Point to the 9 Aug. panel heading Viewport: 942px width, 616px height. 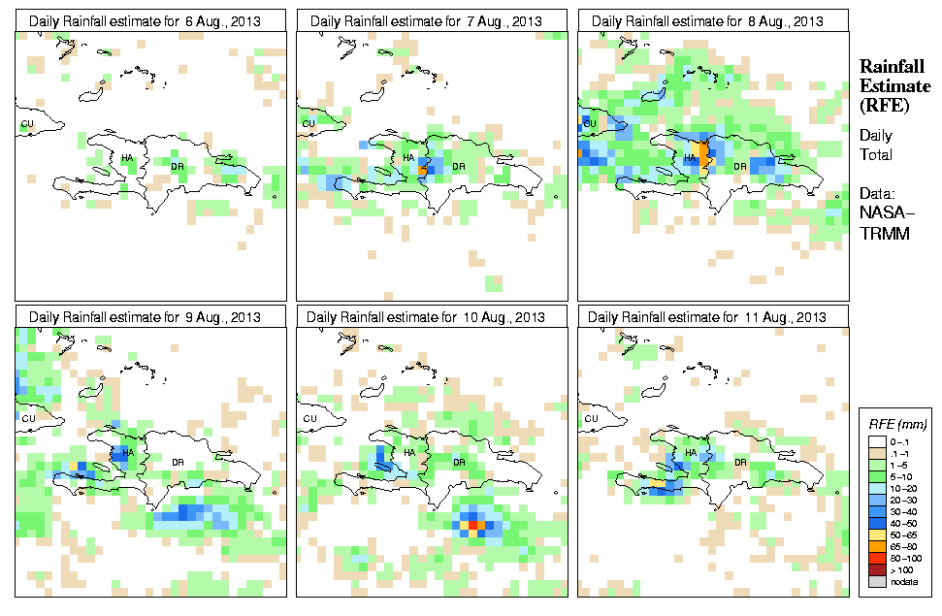[x=145, y=317]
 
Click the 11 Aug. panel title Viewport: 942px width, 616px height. [x=707, y=317]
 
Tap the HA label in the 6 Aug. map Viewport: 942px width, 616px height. [x=127, y=156]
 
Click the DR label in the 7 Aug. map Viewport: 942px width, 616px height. [x=459, y=166]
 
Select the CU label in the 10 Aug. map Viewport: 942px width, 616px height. [x=310, y=418]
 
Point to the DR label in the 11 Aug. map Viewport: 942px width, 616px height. [x=740, y=462]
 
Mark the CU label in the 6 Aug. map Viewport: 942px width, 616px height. [x=27, y=123]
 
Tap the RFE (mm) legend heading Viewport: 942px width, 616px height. [x=896, y=425]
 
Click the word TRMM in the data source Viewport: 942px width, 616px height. [x=882, y=233]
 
